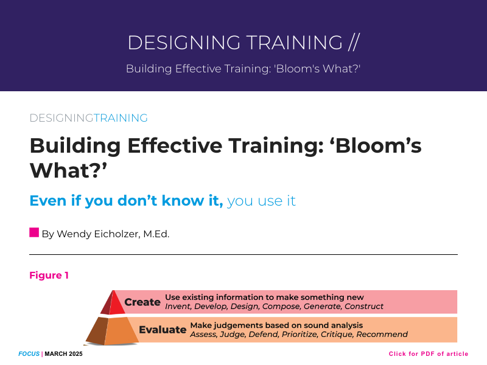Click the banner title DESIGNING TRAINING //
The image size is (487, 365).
click(x=243, y=43)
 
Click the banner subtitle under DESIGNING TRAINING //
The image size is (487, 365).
click(x=243, y=69)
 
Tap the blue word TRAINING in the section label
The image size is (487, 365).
click(x=121, y=118)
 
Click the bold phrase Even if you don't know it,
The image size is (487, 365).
click(x=126, y=201)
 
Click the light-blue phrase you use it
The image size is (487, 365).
click(x=261, y=201)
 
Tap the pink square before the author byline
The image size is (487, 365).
click(x=34, y=232)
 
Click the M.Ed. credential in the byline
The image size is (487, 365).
click(x=156, y=234)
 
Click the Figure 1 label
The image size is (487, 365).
click(x=49, y=276)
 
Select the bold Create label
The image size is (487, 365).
click(x=142, y=302)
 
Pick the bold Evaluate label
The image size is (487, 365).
click(x=163, y=330)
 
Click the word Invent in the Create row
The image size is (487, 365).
click(x=178, y=307)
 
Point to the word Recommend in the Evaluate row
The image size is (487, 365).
click(x=382, y=335)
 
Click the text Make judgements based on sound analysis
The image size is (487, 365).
click(x=276, y=325)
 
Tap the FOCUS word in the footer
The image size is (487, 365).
click(x=29, y=354)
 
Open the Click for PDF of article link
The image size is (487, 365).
click(x=429, y=354)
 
